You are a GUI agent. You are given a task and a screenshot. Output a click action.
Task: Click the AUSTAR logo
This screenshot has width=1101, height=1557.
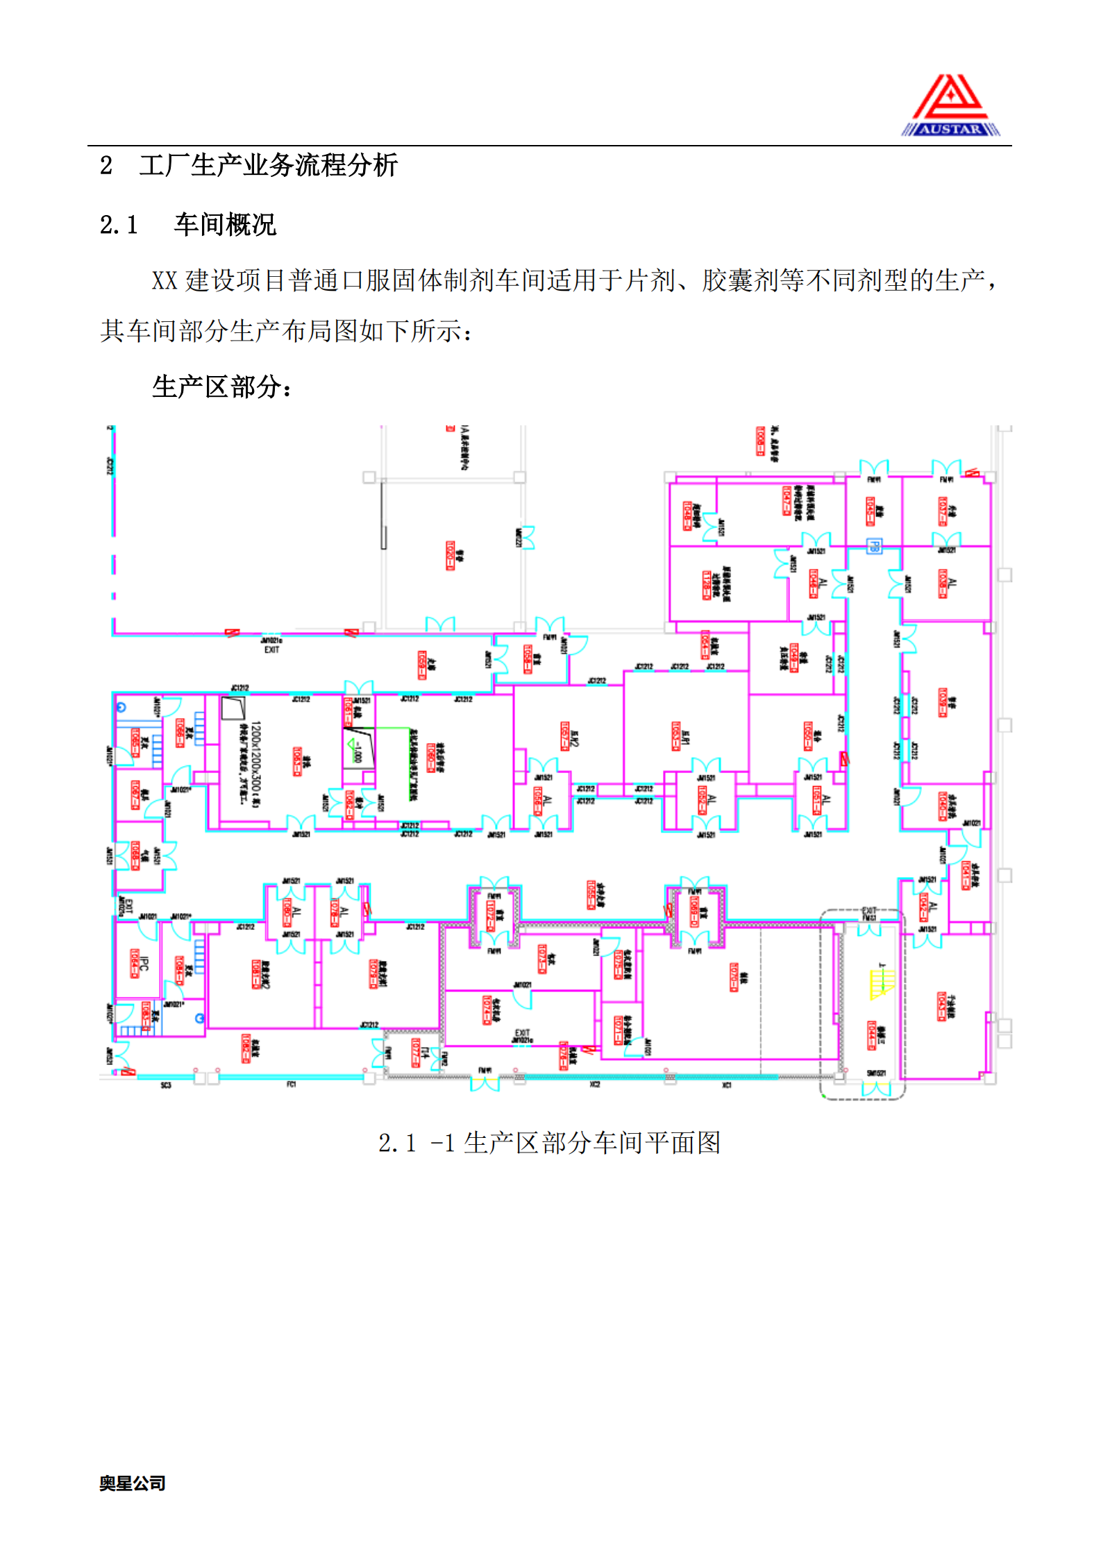click(950, 106)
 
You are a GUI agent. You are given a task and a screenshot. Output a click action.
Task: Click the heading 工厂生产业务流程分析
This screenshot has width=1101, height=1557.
click(268, 166)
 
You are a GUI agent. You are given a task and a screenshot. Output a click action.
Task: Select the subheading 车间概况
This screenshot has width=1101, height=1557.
click(225, 225)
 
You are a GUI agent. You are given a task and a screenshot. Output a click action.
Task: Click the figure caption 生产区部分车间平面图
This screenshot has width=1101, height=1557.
click(591, 1143)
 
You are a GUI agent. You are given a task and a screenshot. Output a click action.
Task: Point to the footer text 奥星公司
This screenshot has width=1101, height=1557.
click(132, 1483)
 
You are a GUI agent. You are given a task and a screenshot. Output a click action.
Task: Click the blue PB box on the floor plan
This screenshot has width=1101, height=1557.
click(874, 545)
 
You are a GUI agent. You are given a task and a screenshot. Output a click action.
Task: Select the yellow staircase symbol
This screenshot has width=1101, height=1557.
click(882, 985)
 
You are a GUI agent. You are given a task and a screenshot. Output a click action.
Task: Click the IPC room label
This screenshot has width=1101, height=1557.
click(144, 964)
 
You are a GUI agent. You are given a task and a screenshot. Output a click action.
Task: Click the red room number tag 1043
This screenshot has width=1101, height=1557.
click(941, 1006)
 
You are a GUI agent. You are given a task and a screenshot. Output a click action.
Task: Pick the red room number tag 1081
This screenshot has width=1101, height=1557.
click(256, 973)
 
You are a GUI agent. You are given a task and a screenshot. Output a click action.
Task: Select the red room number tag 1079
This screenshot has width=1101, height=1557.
click(373, 973)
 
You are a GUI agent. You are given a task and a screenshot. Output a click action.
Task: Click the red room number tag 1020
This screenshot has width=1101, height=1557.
click(450, 556)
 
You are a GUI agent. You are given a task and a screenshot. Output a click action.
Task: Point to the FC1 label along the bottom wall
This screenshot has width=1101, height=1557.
click(292, 1084)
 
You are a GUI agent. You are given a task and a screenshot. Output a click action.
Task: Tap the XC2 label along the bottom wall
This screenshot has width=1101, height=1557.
click(594, 1084)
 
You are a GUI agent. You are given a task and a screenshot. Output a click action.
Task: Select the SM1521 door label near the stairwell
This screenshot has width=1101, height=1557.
click(876, 1073)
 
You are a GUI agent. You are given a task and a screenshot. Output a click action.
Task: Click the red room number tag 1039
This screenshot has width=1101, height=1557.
click(942, 702)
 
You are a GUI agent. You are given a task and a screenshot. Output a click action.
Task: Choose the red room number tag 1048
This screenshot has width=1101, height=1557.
click(687, 516)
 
